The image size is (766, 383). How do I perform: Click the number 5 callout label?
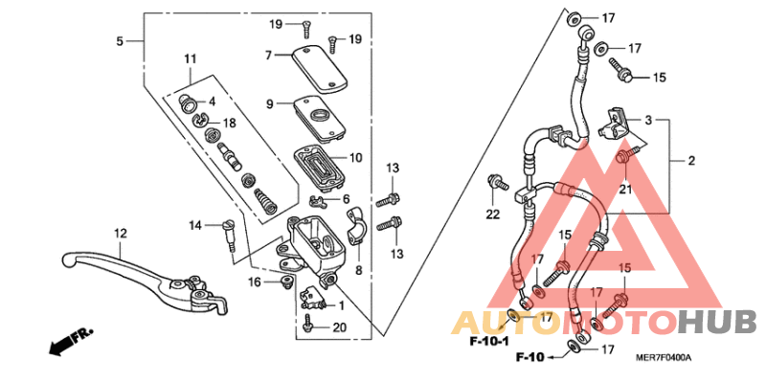click(120, 41)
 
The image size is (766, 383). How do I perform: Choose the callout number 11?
click(189, 59)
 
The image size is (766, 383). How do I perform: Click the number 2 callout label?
click(690, 161)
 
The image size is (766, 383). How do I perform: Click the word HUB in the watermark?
click(719, 319)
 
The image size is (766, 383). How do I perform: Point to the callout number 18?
click(229, 124)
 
